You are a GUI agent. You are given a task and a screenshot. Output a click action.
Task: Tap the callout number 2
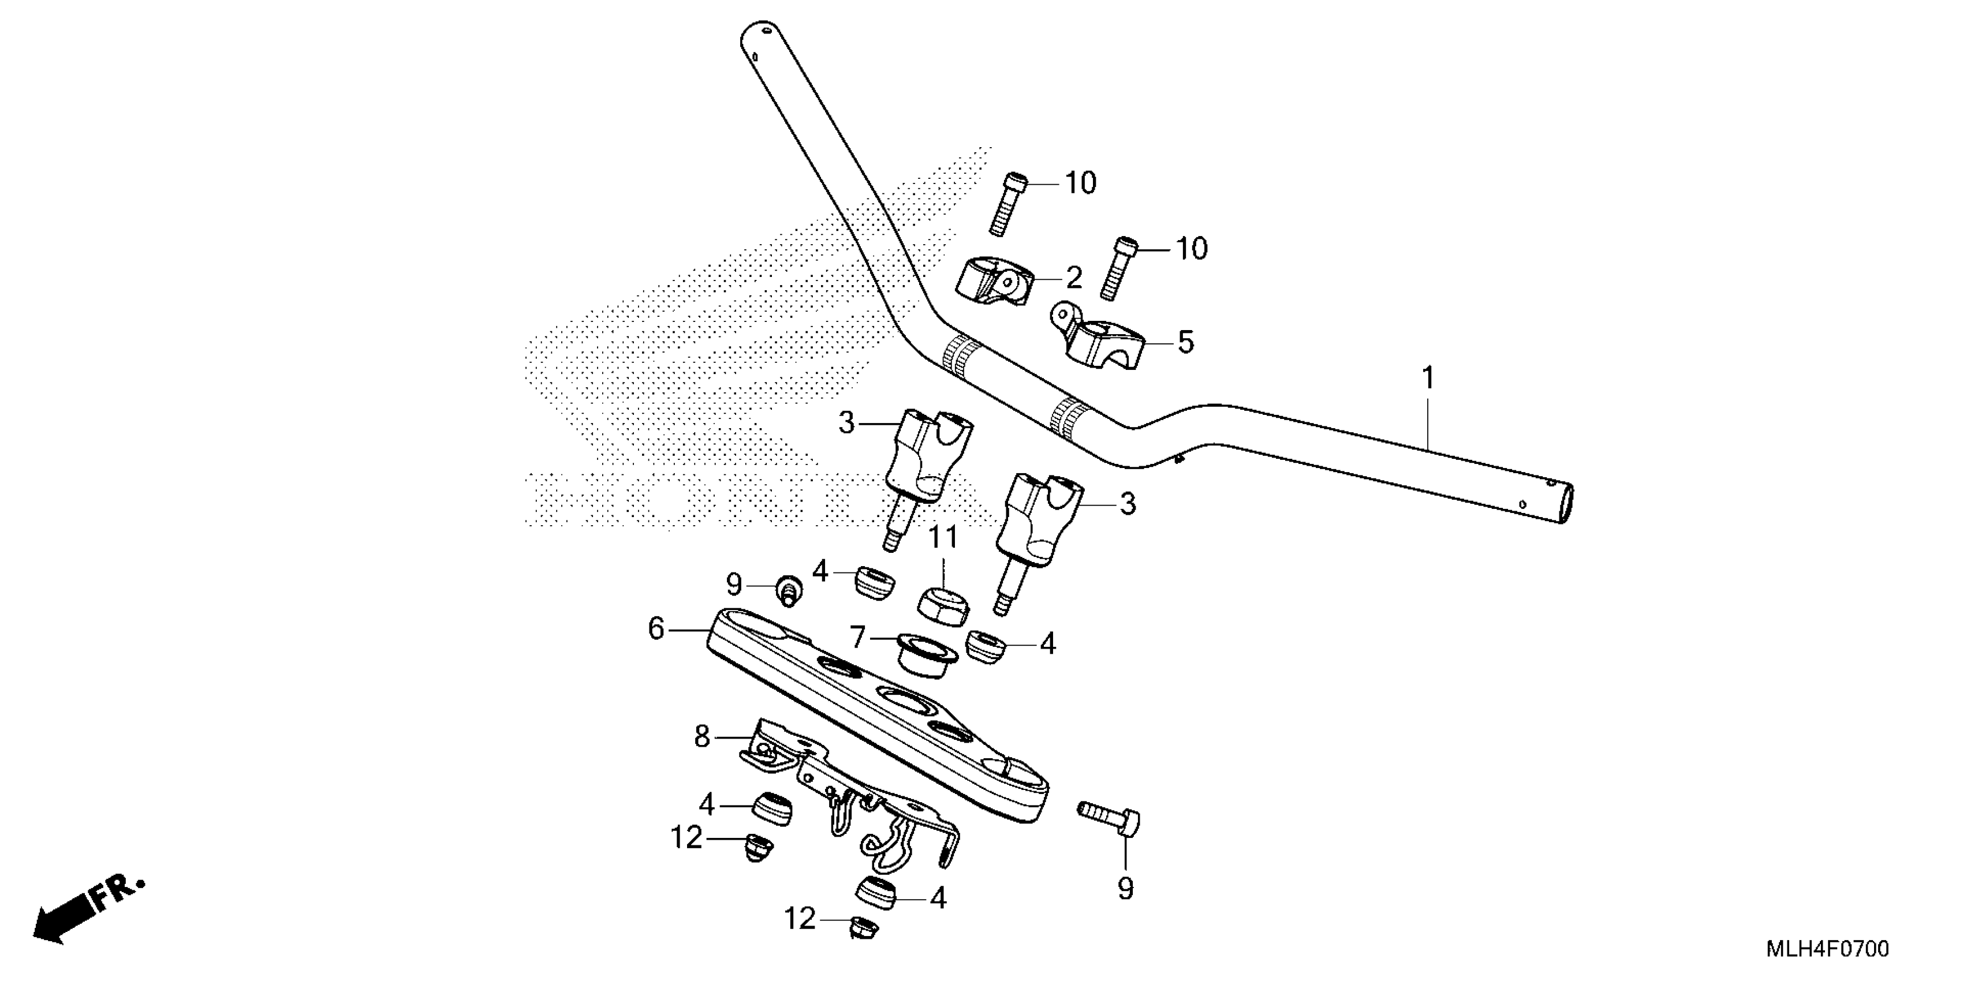pyautogui.click(x=1074, y=279)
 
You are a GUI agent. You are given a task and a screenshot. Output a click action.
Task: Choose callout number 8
pyautogui.click(x=702, y=736)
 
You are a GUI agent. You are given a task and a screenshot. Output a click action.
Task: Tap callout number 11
pyautogui.click(x=943, y=538)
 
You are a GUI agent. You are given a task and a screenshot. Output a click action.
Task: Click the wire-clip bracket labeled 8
pyautogui.click(x=853, y=800)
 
